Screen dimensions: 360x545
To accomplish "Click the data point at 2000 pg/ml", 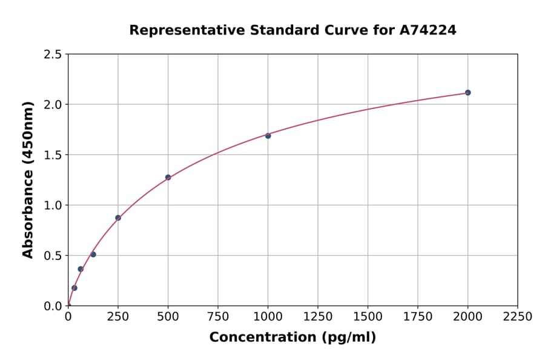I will point(467,93).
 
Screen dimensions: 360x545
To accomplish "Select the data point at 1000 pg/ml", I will point(268,136).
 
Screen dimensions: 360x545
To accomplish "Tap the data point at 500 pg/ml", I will point(168,178).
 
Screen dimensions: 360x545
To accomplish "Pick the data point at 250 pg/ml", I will point(118,218).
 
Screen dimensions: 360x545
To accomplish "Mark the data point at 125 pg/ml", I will point(93,255).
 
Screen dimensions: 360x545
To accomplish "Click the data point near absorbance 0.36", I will point(81,269).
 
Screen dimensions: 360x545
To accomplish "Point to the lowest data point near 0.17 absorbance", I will point(74,288).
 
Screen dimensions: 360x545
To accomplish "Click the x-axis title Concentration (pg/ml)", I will point(292,338).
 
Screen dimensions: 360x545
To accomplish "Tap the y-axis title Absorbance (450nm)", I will point(28,179).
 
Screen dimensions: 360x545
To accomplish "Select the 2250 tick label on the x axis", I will point(518,317).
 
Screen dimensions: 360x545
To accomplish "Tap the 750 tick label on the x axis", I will point(218,317).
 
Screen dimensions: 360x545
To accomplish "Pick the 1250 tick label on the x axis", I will point(318,317).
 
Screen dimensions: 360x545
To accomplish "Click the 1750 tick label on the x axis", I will point(418,317).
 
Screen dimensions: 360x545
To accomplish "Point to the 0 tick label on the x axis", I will point(68,317).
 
